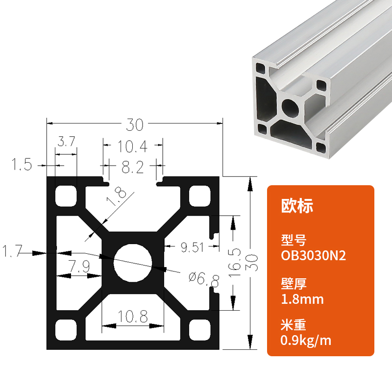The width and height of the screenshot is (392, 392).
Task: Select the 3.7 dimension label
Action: pos(66,142)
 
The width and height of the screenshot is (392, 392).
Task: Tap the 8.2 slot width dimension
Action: pos(132,168)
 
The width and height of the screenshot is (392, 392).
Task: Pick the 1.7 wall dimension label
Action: pos(12,252)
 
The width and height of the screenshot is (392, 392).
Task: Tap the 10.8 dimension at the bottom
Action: pos(132,317)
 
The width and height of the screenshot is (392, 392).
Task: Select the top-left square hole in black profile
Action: pos(66,196)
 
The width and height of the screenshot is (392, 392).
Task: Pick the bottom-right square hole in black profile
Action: pos(199,329)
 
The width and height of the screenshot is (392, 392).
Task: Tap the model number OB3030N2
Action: pos(314,256)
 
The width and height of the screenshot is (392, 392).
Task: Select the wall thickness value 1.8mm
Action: pos(302,298)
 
